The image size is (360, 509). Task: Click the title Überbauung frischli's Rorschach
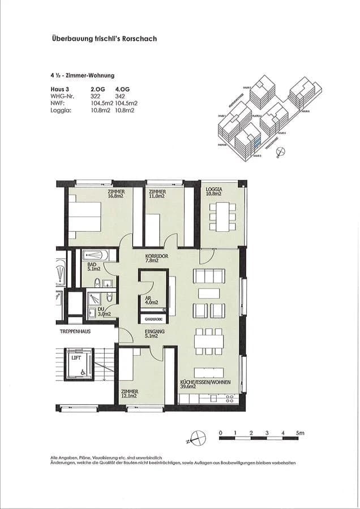[x=104, y=39]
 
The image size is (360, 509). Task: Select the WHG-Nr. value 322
[x=95, y=96]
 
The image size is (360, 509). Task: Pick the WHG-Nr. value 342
[x=120, y=96]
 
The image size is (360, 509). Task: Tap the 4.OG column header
[x=122, y=89]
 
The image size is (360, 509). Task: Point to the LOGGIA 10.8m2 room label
[x=214, y=192]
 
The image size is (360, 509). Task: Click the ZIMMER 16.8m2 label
[x=116, y=194]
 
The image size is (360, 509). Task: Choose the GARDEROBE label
[x=153, y=318]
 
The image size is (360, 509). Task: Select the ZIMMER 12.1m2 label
[x=130, y=394]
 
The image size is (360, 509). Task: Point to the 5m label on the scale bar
[x=300, y=433]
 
